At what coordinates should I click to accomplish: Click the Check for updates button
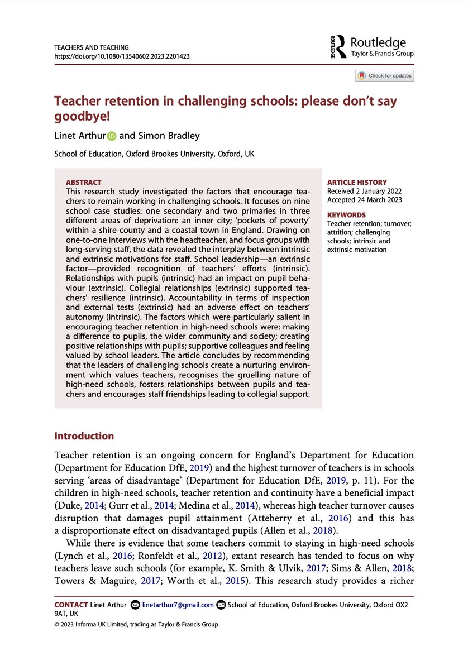point(385,75)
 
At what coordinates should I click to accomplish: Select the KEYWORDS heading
point(346,214)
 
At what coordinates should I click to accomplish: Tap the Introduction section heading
point(83,436)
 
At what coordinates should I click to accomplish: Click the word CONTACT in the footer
point(70,605)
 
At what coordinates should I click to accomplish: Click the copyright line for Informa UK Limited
point(136,624)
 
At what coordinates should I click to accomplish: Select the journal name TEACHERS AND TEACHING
point(91,48)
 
